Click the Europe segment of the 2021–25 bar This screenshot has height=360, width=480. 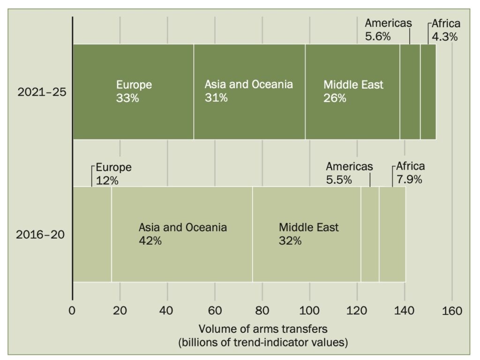[133, 92]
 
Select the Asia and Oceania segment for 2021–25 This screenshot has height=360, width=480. [249, 92]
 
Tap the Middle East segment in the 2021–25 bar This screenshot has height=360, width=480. [352, 92]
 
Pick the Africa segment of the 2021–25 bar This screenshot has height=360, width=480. [428, 92]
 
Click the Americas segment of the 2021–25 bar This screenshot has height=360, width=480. [410, 92]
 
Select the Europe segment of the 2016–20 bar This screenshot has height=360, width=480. [92, 234]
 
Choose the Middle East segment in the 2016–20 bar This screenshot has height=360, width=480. [307, 234]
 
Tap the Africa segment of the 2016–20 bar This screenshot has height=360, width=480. [392, 234]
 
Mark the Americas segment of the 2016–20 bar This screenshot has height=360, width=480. [370, 234]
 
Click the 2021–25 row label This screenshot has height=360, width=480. [42, 92]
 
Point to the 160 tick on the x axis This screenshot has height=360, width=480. [452, 311]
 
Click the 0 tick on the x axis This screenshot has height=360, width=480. [73, 311]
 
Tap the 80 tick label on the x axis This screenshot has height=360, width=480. [262, 311]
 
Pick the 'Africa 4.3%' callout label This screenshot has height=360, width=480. [445, 30]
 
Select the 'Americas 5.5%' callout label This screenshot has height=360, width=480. [349, 172]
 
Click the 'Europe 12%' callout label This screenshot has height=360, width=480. [113, 173]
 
